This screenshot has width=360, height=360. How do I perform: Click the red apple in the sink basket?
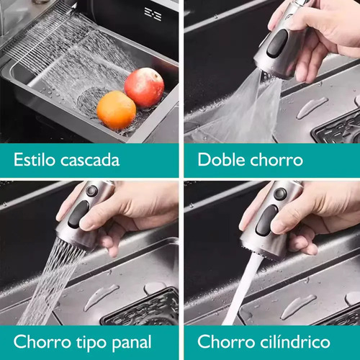(144, 88)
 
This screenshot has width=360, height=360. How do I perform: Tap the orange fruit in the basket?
(117, 110)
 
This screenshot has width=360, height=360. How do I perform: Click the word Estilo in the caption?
(35, 160)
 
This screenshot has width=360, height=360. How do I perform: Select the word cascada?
(90, 160)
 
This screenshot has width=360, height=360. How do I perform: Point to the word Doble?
(221, 160)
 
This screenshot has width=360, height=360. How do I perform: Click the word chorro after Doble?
(276, 160)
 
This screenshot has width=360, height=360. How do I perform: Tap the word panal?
(132, 343)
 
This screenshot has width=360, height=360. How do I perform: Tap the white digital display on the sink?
(153, 14)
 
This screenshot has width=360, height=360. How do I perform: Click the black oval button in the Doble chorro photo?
(277, 44)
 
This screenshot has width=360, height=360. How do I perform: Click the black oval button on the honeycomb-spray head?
(78, 214)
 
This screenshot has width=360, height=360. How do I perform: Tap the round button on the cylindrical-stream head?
(280, 194)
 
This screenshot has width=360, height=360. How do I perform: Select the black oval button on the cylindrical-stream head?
(266, 220)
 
